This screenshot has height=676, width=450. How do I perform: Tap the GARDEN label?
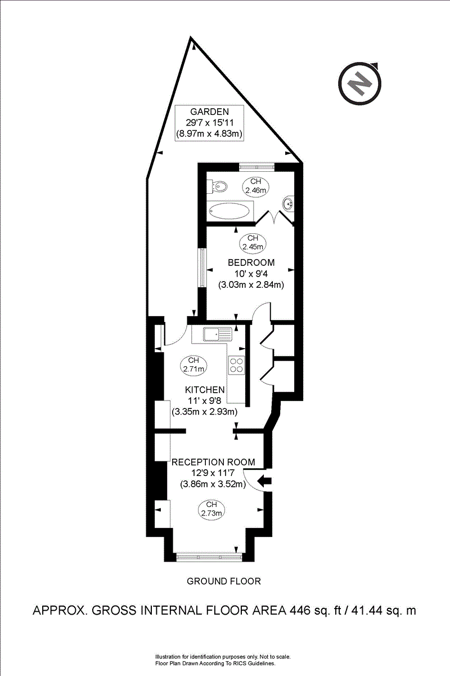209,111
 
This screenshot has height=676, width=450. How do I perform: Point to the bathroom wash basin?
289,203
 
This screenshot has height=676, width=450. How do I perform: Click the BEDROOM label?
251,263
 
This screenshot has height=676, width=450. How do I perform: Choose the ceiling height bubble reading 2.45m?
251,242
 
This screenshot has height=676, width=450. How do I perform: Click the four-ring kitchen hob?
237,365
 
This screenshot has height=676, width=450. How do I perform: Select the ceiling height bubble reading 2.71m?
193,364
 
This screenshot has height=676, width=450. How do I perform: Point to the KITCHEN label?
205,390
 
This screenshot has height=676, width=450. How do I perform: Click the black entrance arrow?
264,481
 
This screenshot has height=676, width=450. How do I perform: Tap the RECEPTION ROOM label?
213,462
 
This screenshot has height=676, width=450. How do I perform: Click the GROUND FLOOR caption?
224,581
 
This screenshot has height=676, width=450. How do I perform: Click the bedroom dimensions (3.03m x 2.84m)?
251,285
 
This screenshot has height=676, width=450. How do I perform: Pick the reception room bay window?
209,557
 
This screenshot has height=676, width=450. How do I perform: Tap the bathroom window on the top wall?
256,166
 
